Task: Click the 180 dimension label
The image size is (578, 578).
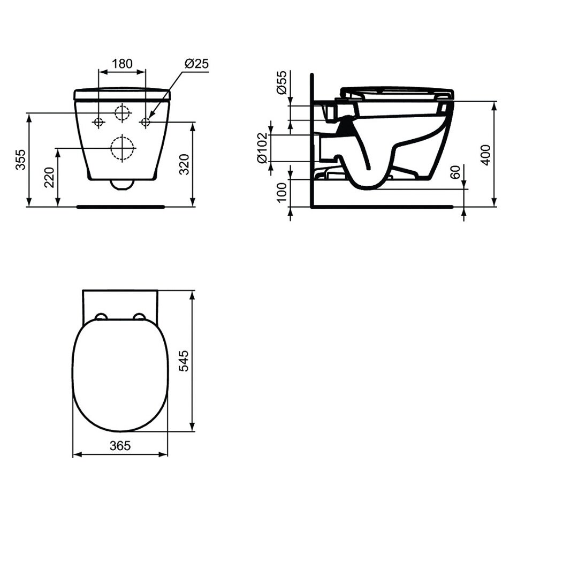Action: pos(122,63)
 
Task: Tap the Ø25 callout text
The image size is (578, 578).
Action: pos(196,63)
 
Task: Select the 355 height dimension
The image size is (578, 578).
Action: pos(21,159)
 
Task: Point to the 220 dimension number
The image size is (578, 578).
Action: pos(50,177)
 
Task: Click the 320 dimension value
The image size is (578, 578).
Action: pos(184,164)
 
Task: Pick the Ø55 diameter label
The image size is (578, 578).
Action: pos(282,82)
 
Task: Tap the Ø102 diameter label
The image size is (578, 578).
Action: pos(262,148)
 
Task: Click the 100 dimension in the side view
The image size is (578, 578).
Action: pos(282,192)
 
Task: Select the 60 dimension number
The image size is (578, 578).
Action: pos(456,172)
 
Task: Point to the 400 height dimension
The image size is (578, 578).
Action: pos(486,155)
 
